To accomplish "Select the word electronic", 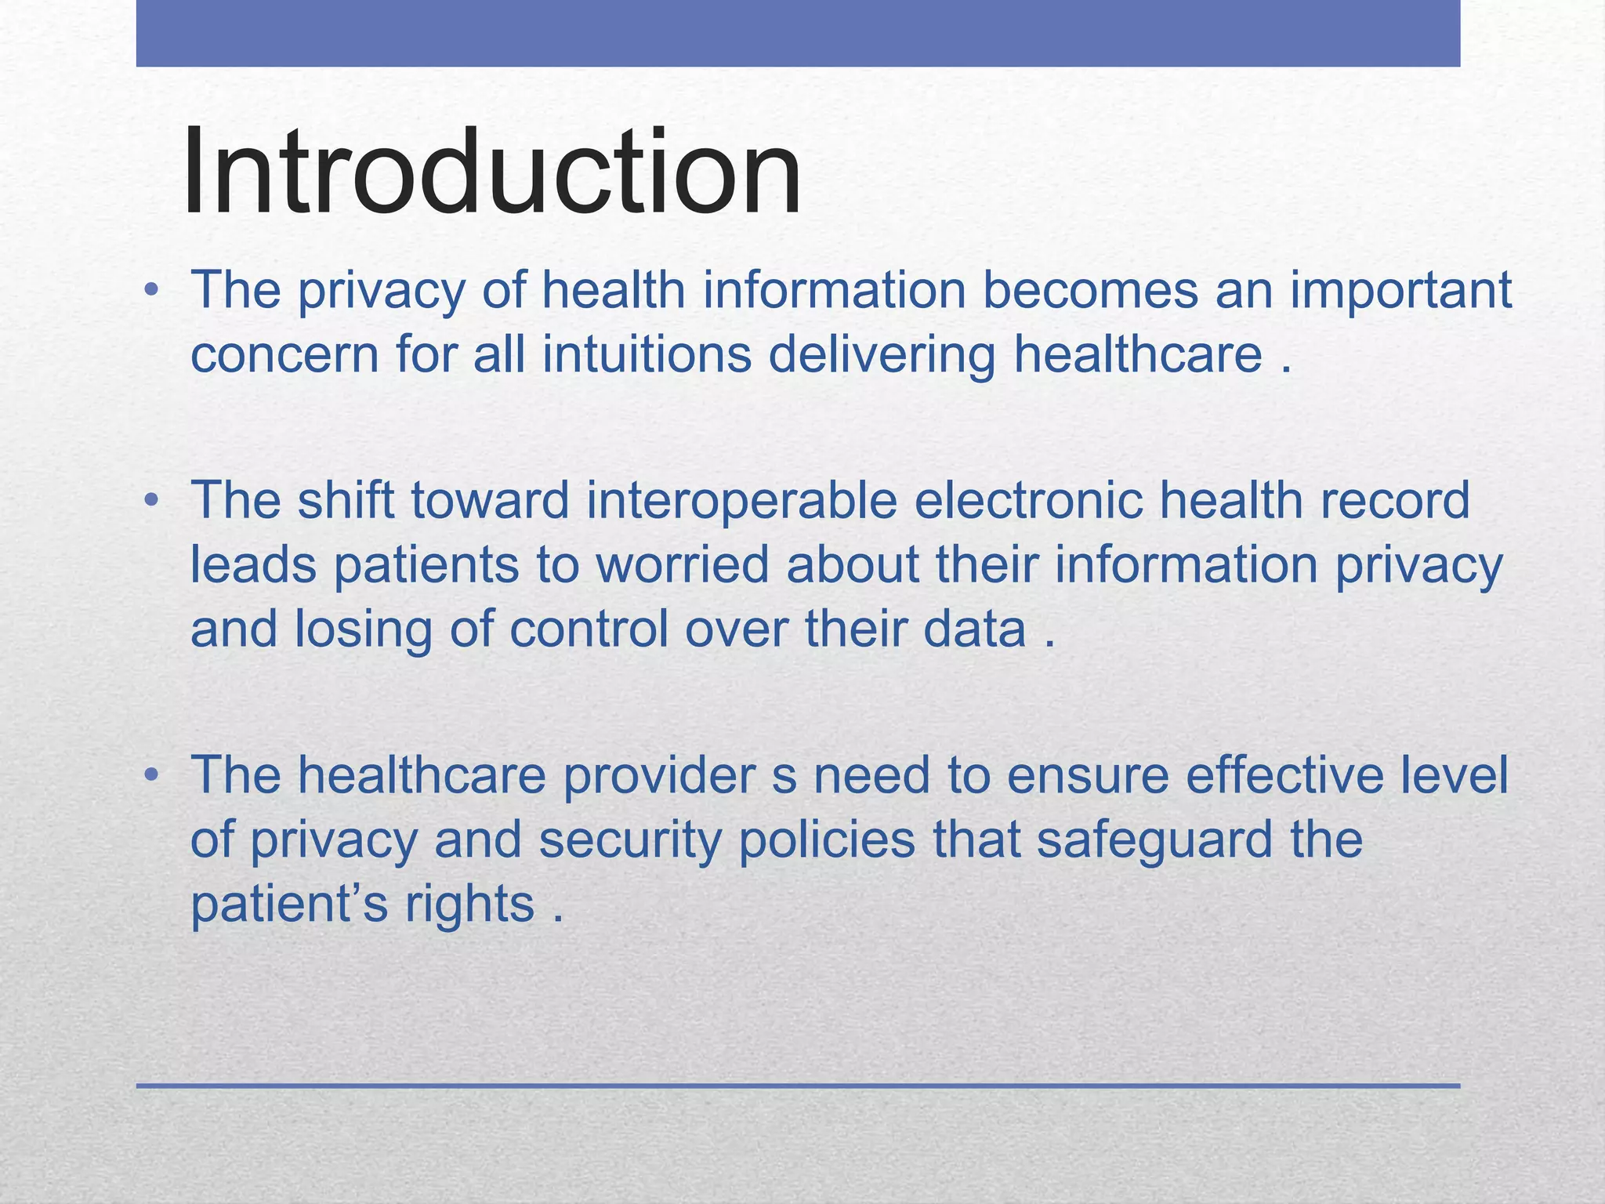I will click(x=1027, y=500).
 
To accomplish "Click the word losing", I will click(x=363, y=629).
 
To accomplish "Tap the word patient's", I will click(x=289, y=904).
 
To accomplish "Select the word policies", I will click(x=827, y=840).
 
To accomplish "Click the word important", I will click(x=1401, y=290).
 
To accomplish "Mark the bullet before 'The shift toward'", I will click(x=151, y=502).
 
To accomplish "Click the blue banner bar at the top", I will click(x=798, y=33).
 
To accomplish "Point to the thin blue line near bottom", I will click(x=798, y=1086).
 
